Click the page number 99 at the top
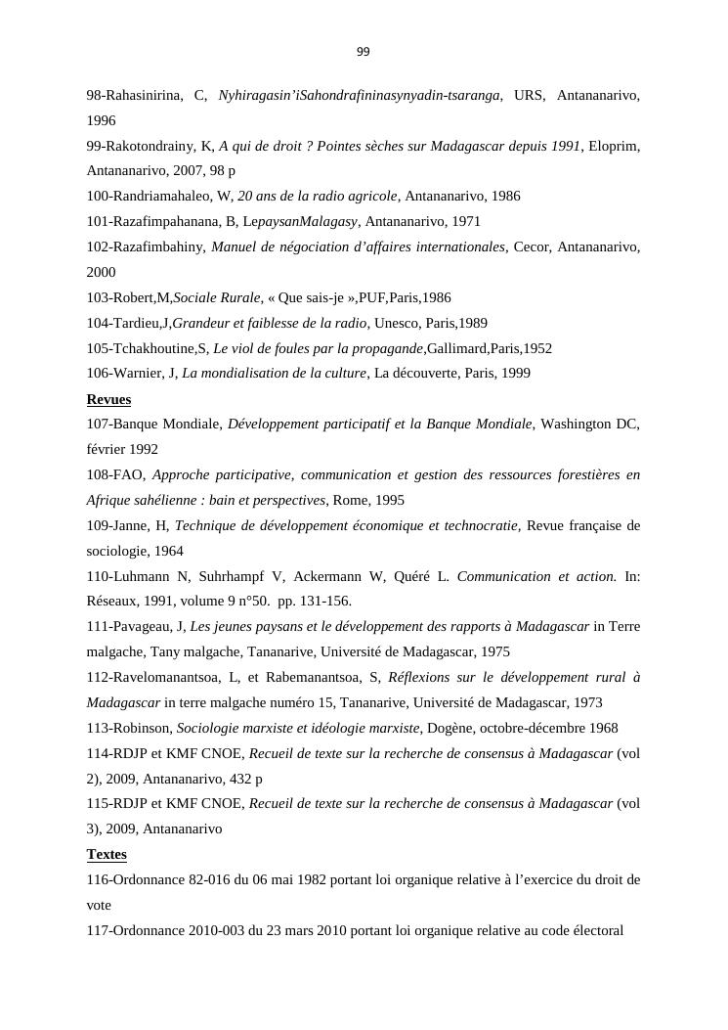point(364,52)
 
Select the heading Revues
point(108,399)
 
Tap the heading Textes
point(107,854)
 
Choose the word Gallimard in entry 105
point(458,348)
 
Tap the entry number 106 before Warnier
point(98,373)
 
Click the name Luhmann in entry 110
point(140,576)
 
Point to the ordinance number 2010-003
point(212,930)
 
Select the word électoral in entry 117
point(595,930)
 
